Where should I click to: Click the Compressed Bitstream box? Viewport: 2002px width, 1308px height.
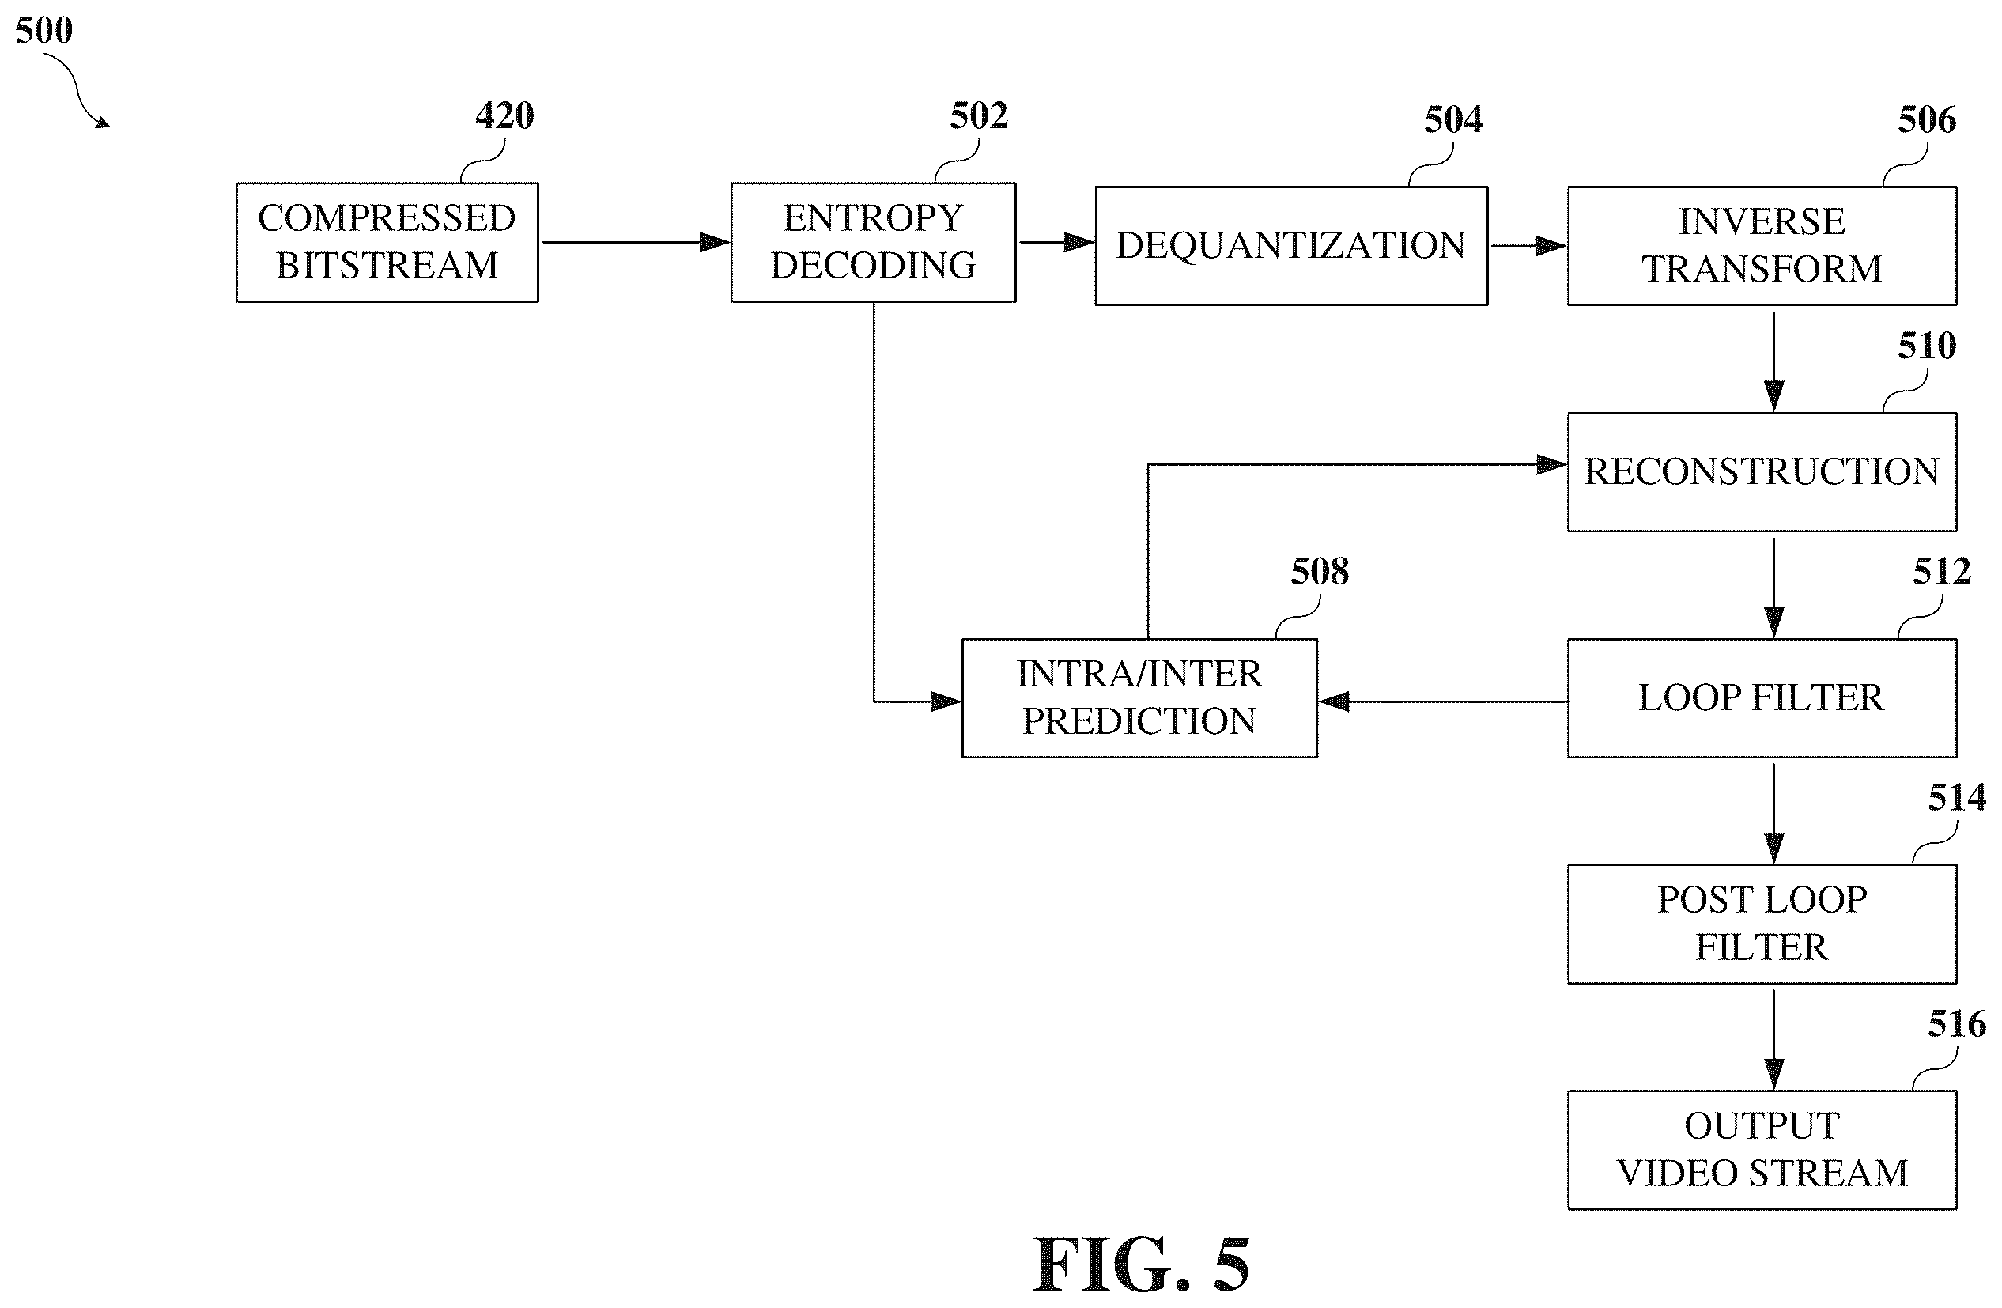(387, 242)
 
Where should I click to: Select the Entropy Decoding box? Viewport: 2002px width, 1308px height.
(873, 242)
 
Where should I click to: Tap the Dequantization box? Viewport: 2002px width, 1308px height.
(1291, 246)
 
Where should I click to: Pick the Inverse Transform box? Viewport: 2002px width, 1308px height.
(1762, 246)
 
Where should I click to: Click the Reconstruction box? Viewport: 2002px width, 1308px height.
(1762, 472)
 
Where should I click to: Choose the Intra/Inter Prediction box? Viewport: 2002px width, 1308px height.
(1140, 698)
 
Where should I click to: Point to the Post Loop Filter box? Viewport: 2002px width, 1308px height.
(1762, 924)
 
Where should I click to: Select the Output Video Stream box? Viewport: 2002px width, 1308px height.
(1762, 1150)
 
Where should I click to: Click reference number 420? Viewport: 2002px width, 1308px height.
(504, 116)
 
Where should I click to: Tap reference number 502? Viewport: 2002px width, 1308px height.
(979, 116)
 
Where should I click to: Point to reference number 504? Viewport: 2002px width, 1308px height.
(1453, 119)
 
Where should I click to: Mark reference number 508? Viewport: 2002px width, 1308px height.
(1320, 572)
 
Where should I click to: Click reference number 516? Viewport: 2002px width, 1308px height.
(1958, 1023)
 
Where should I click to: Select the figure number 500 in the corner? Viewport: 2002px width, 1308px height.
(43, 30)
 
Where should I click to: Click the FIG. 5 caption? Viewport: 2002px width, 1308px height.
(1142, 1265)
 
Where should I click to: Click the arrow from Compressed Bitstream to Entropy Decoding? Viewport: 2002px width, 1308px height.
(636, 242)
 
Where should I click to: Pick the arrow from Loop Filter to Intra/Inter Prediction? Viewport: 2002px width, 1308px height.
(1444, 701)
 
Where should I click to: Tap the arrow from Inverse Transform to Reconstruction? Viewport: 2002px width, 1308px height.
(1774, 361)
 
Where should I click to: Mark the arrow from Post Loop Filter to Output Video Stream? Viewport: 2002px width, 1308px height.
(1774, 1040)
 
